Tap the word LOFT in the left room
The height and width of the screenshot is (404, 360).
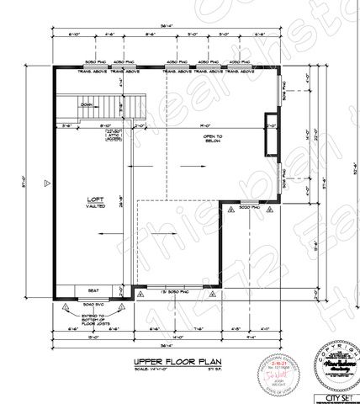[x=94, y=200]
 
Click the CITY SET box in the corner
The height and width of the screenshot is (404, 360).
[x=336, y=395]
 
